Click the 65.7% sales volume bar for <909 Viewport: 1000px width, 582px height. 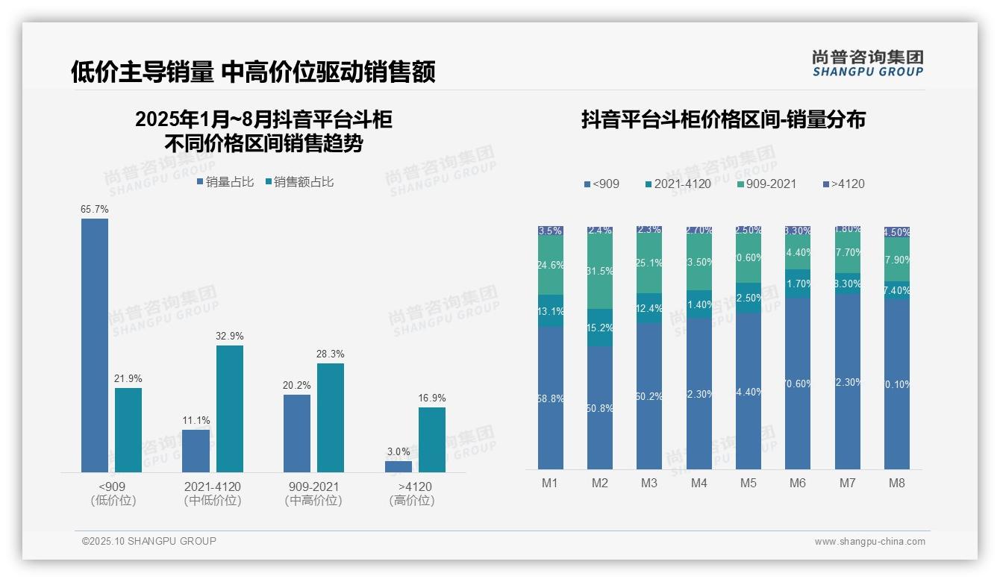[95, 345]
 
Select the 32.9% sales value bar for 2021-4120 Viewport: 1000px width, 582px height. [230, 408]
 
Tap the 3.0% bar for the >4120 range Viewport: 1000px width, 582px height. [399, 466]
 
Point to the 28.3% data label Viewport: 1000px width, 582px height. [331, 354]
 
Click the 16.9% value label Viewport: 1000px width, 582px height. [432, 398]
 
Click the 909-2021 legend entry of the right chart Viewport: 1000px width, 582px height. [766, 184]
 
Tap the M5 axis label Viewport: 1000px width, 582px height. [749, 483]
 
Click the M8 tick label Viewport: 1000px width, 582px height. [897, 483]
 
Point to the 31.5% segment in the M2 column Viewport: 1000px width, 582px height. [600, 272]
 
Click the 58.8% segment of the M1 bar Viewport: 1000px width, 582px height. [551, 398]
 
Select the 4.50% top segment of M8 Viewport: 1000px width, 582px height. [897, 231]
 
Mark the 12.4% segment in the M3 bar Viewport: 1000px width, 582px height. [649, 308]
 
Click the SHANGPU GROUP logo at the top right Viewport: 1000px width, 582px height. [868, 63]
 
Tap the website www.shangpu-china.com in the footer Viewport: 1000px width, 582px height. [869, 542]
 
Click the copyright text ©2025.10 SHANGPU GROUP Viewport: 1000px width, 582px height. [149, 541]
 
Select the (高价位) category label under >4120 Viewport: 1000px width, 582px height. [412, 501]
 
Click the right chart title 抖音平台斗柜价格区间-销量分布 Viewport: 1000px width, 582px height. [723, 119]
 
